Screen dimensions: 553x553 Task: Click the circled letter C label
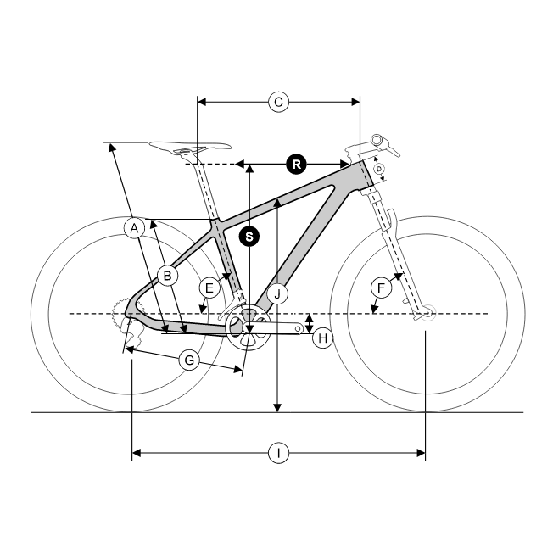point(278,103)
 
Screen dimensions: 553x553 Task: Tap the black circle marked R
point(296,164)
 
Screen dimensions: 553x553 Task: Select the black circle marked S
point(249,237)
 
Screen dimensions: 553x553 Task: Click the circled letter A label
point(134,228)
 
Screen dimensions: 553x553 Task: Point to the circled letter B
point(168,275)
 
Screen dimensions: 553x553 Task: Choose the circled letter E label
point(209,288)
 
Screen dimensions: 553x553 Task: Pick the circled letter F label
point(381,288)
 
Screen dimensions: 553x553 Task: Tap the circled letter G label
point(189,360)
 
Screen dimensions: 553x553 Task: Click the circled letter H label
point(322,338)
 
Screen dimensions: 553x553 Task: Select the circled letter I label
point(278,453)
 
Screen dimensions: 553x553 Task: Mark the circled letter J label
point(277,293)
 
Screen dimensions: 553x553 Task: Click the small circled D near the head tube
point(379,169)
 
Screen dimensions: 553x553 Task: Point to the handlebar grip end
point(377,140)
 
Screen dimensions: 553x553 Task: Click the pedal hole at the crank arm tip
point(298,329)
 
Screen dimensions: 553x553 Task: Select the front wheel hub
point(427,313)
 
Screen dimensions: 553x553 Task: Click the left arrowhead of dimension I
point(137,453)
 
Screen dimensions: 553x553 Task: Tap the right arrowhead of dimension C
point(355,103)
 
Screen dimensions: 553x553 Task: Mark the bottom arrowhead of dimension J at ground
point(277,408)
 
